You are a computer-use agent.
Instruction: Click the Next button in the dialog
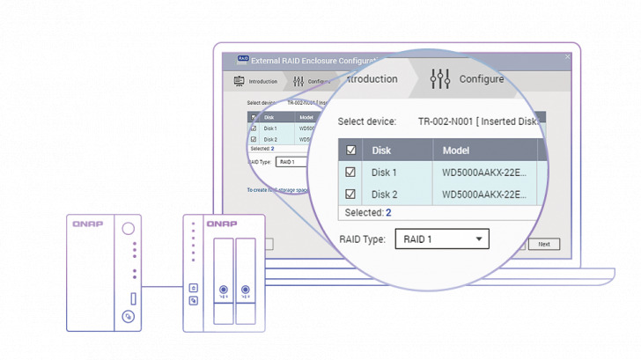543,244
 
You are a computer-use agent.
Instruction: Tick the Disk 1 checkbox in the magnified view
350,173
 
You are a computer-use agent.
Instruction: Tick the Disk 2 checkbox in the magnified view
350,195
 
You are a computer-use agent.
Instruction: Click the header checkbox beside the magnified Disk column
350,151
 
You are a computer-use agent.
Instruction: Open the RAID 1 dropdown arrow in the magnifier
478,239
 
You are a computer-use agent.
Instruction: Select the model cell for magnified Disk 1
484,173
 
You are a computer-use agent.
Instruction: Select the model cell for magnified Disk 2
484,195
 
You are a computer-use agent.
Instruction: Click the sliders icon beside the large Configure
439,79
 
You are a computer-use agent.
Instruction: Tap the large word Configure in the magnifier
482,79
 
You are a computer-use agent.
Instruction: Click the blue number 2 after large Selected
388,213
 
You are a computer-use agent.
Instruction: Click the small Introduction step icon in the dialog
238,82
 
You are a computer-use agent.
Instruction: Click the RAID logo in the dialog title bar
242,60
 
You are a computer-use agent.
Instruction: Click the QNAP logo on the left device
89,224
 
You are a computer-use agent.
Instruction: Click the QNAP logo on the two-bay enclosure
222,224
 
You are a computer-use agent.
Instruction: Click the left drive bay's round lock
224,290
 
